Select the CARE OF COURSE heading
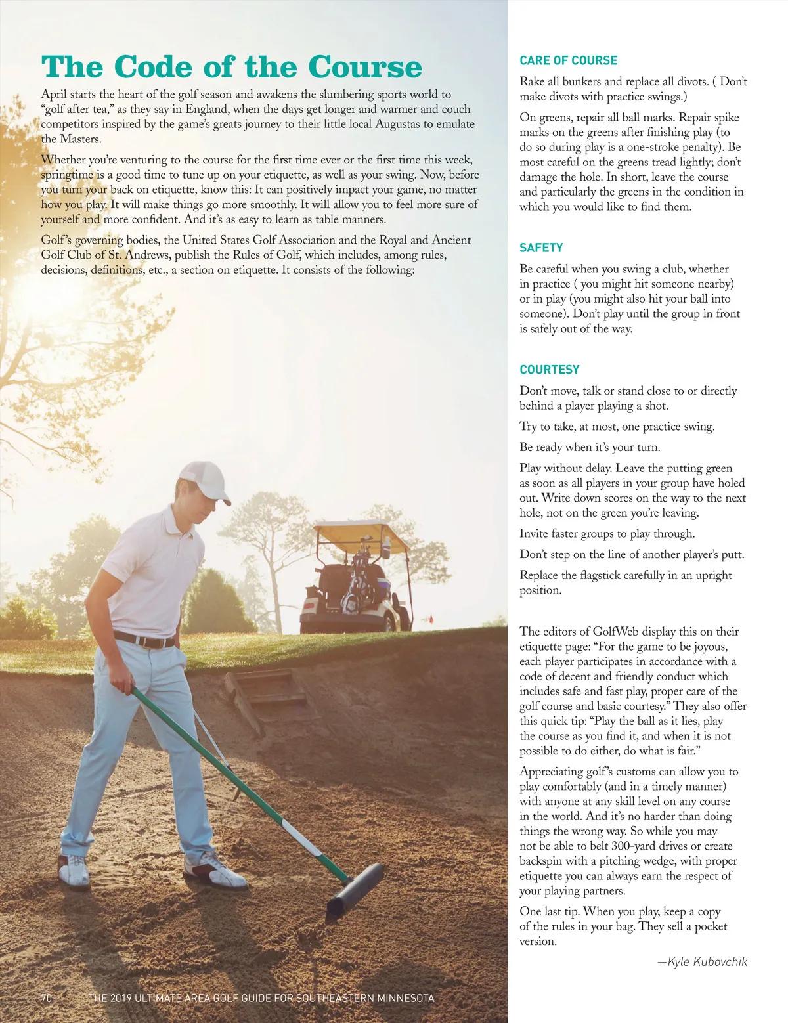(568, 60)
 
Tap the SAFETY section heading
(541, 248)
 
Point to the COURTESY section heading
(550, 370)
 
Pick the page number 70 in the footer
(46, 998)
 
